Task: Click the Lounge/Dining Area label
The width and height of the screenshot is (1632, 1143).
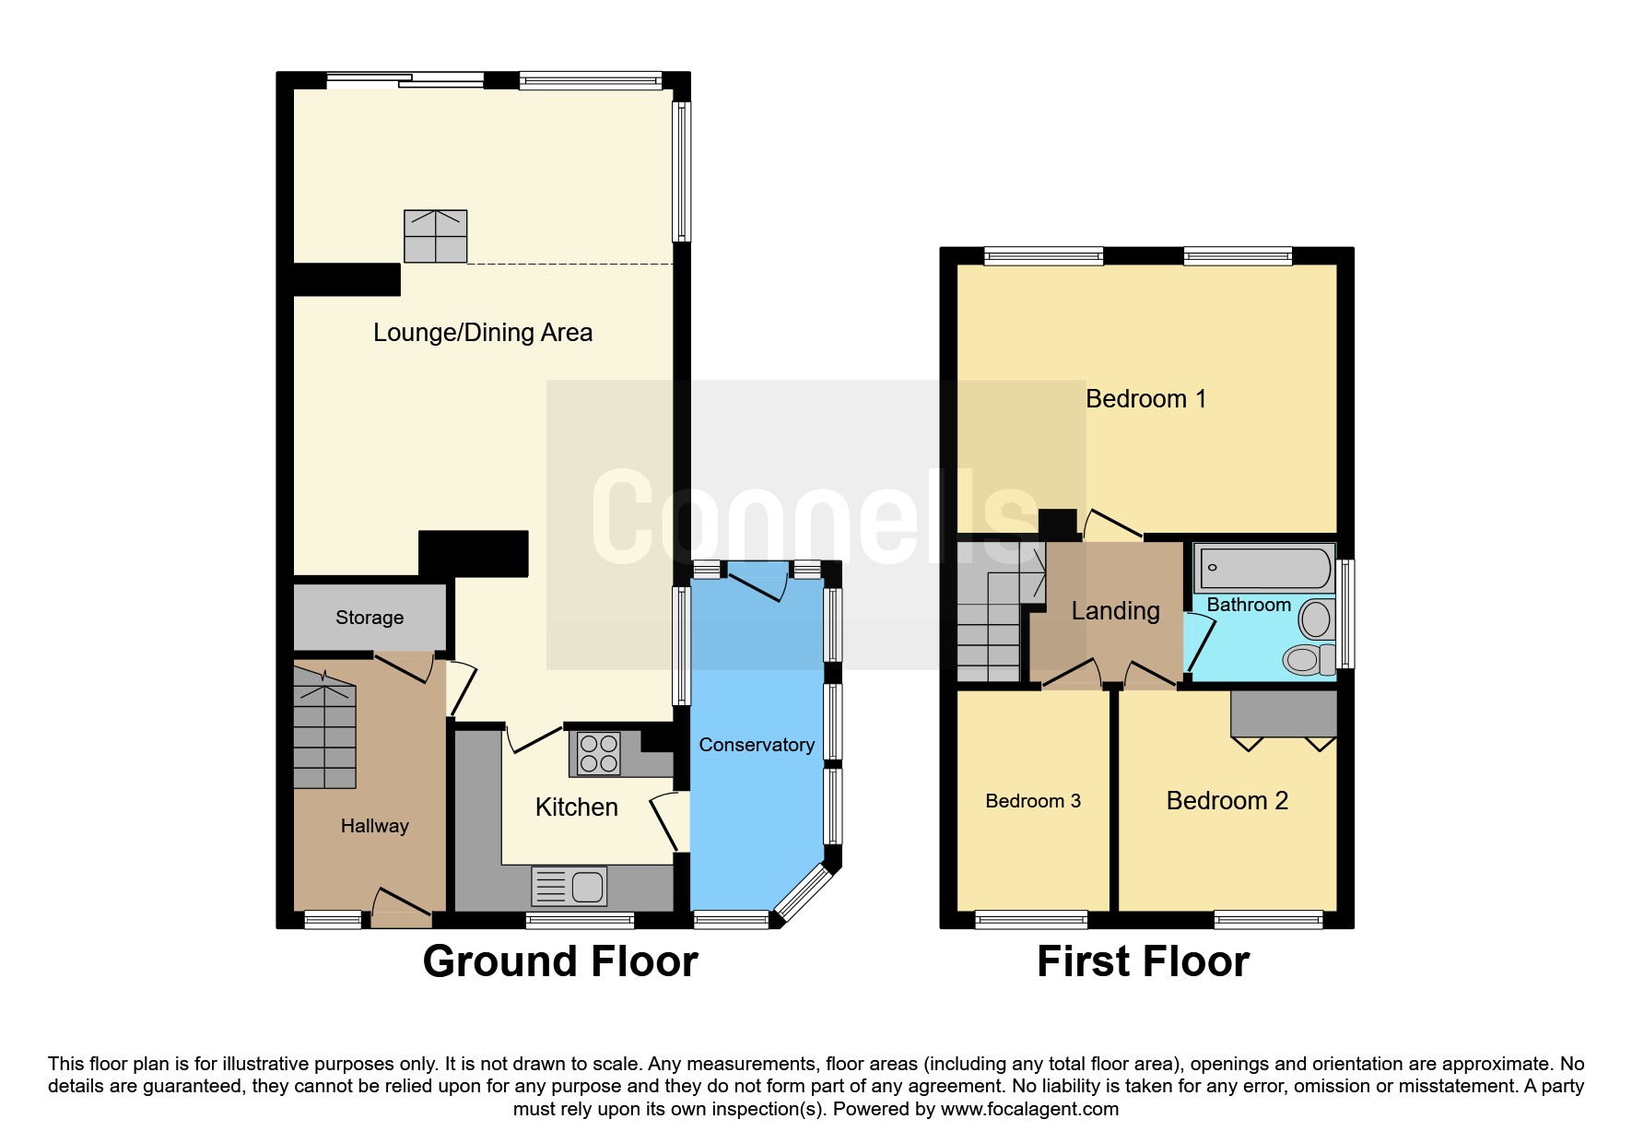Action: coord(482,333)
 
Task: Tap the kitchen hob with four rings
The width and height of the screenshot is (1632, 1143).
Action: coord(598,753)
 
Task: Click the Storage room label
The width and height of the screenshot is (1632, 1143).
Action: coord(369,618)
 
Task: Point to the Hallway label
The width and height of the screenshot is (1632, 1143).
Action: coord(374,826)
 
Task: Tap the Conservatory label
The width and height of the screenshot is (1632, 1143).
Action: coord(757,745)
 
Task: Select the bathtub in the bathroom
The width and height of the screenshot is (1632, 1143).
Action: coord(1263,568)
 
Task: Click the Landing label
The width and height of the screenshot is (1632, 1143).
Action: coord(1115,611)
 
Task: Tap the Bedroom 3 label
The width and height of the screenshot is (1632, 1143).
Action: coord(1032,801)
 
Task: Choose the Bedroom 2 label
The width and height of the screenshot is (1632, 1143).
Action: coord(1227,801)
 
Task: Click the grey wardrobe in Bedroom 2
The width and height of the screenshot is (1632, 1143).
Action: coord(1284,713)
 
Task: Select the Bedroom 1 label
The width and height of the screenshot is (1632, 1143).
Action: coord(1145,399)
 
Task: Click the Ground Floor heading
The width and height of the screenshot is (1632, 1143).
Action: coord(559,961)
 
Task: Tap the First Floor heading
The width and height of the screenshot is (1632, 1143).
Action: coord(1143,961)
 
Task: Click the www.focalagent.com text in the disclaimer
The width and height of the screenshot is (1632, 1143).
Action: coord(1028,1109)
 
